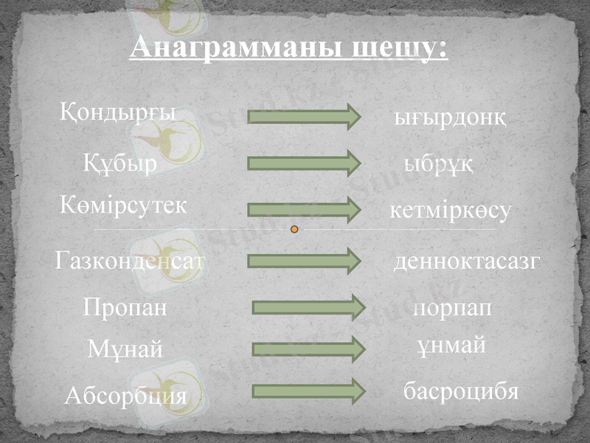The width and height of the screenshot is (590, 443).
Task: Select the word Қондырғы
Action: click(x=117, y=113)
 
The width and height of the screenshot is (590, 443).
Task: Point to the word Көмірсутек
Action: click(x=122, y=206)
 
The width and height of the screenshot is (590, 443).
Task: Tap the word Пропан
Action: click(x=125, y=307)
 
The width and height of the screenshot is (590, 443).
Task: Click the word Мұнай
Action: click(x=125, y=349)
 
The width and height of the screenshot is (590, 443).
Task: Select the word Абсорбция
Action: click(x=125, y=397)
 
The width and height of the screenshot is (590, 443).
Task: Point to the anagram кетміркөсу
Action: click(x=450, y=211)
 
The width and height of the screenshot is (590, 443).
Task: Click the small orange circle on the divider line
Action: click(x=295, y=230)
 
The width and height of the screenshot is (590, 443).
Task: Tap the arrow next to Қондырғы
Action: click(x=303, y=117)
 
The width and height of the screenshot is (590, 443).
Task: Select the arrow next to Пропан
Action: click(x=308, y=307)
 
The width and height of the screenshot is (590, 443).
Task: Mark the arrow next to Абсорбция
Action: click(x=308, y=391)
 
